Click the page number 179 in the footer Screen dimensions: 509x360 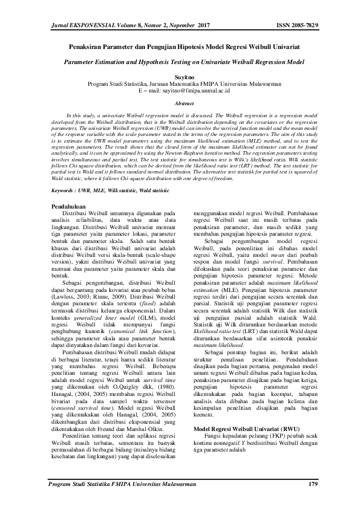[x=313, y=484]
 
